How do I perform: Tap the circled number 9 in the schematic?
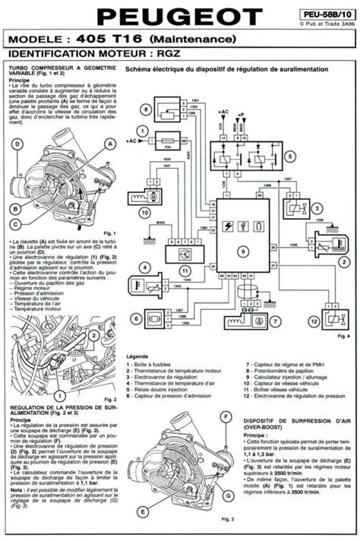(243, 252)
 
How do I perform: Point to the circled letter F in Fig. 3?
(226, 416)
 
